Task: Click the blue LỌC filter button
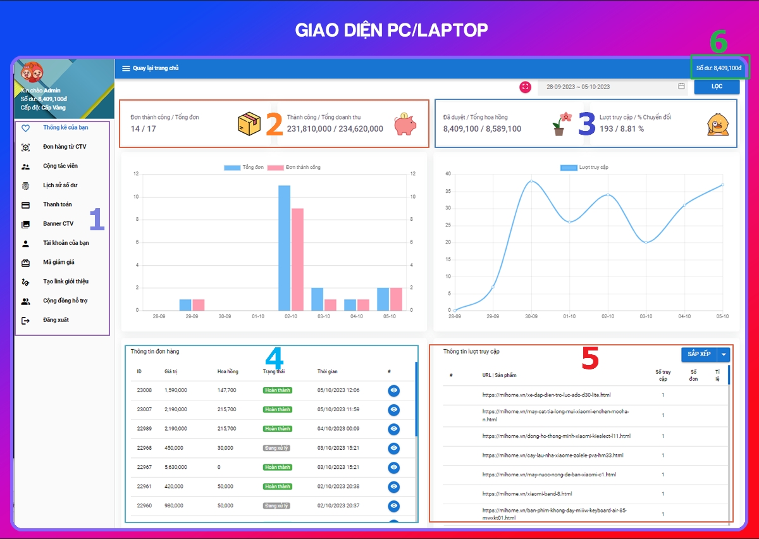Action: click(x=717, y=87)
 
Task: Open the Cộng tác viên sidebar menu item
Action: click(x=60, y=166)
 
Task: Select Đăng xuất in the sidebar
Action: click(x=56, y=320)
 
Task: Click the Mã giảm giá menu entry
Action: click(x=59, y=262)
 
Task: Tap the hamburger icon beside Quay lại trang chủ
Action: click(x=126, y=68)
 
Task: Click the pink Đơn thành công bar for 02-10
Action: click(x=297, y=259)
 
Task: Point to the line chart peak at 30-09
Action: click(x=531, y=181)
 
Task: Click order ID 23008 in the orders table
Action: click(x=144, y=390)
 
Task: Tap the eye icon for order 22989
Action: click(x=394, y=429)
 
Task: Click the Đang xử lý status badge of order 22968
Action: click(x=276, y=448)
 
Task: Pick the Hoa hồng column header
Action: click(x=228, y=371)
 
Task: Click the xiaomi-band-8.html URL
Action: click(x=527, y=493)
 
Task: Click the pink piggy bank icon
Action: click(x=405, y=124)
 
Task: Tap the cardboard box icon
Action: click(x=249, y=124)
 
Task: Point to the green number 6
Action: click(x=719, y=42)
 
